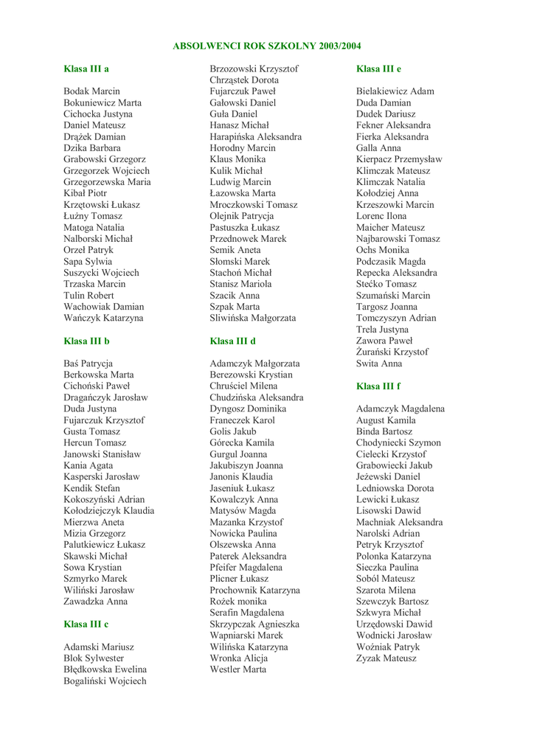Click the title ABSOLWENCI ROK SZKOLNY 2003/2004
[267, 46]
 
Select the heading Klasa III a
[86, 69]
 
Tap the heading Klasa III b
[86, 341]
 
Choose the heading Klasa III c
[86, 624]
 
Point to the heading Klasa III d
[233, 341]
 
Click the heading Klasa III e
[378, 69]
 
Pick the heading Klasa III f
[378, 386]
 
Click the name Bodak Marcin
[91, 91]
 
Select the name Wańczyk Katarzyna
[104, 318]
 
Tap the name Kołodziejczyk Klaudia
[109, 510]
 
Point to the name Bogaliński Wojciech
[105, 681]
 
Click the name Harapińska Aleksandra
[255, 136]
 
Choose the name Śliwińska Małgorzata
[253, 318]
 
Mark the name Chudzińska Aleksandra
[257, 397]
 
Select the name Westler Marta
[238, 669]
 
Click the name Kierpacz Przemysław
[399, 159]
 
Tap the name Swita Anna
[379, 363]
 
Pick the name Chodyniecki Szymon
[398, 442]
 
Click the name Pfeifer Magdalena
[246, 567]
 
